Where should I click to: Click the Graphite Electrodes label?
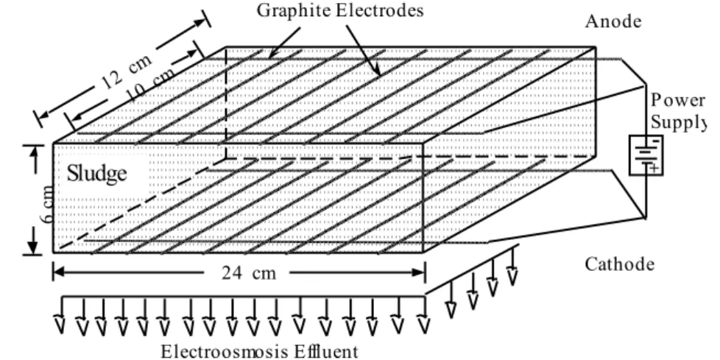click(340, 10)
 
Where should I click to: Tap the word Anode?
click(613, 21)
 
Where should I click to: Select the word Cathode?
click(619, 264)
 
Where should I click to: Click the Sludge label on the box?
click(97, 174)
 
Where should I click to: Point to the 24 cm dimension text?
click(249, 273)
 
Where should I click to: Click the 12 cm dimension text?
click(125, 74)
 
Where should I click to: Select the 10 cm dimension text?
click(151, 85)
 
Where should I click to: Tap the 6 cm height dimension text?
click(48, 204)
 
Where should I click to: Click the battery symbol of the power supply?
click(646, 155)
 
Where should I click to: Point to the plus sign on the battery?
click(654, 169)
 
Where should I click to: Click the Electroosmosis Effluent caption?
click(259, 352)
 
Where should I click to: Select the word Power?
click(677, 100)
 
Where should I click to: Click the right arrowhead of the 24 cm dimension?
click(418, 272)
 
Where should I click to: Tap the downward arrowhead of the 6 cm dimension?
click(32, 246)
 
